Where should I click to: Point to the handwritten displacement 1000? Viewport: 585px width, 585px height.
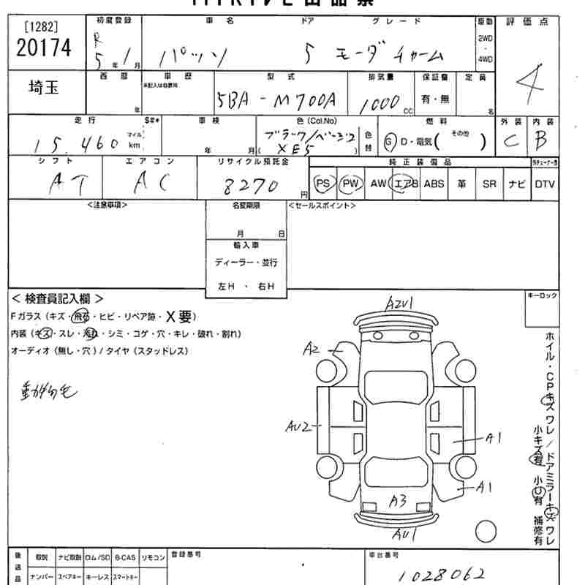380,103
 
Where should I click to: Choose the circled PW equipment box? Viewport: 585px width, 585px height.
351,184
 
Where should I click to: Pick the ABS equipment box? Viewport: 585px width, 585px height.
434,184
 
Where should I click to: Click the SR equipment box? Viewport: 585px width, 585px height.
489,184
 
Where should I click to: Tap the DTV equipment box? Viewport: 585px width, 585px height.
544,184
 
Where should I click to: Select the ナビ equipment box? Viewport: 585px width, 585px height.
517,184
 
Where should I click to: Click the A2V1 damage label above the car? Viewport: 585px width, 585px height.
401,303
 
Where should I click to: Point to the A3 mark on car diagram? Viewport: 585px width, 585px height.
398,502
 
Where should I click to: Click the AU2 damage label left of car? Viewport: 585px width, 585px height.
298,426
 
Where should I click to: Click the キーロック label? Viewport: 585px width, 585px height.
542,295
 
